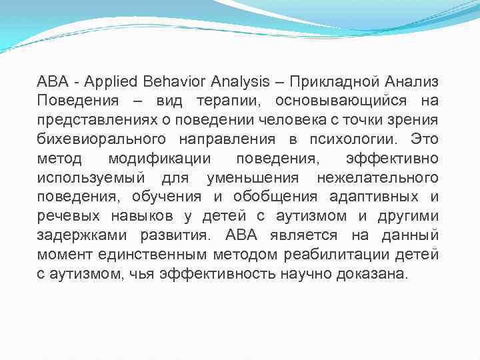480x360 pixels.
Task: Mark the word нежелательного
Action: pos(377,179)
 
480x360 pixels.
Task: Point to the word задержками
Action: pos(83,237)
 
